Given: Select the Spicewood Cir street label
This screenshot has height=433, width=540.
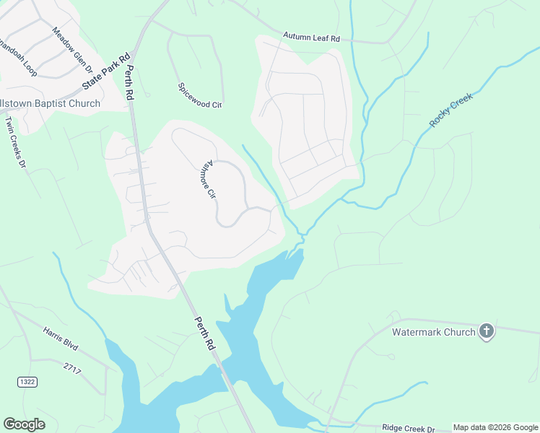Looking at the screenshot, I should tap(199, 105).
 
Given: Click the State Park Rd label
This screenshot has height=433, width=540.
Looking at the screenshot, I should tap(106, 71).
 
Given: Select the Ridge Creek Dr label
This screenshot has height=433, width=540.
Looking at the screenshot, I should tap(408, 428).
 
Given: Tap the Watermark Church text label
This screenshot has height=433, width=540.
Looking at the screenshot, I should tap(433, 332).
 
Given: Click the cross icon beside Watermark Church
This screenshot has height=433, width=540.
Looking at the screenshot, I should tap(487, 331).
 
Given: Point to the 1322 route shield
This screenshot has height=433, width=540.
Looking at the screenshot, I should tap(27, 381).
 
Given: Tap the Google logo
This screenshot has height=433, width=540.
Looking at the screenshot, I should tap(24, 424).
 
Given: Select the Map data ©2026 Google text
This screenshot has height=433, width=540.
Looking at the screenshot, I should tap(495, 428).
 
